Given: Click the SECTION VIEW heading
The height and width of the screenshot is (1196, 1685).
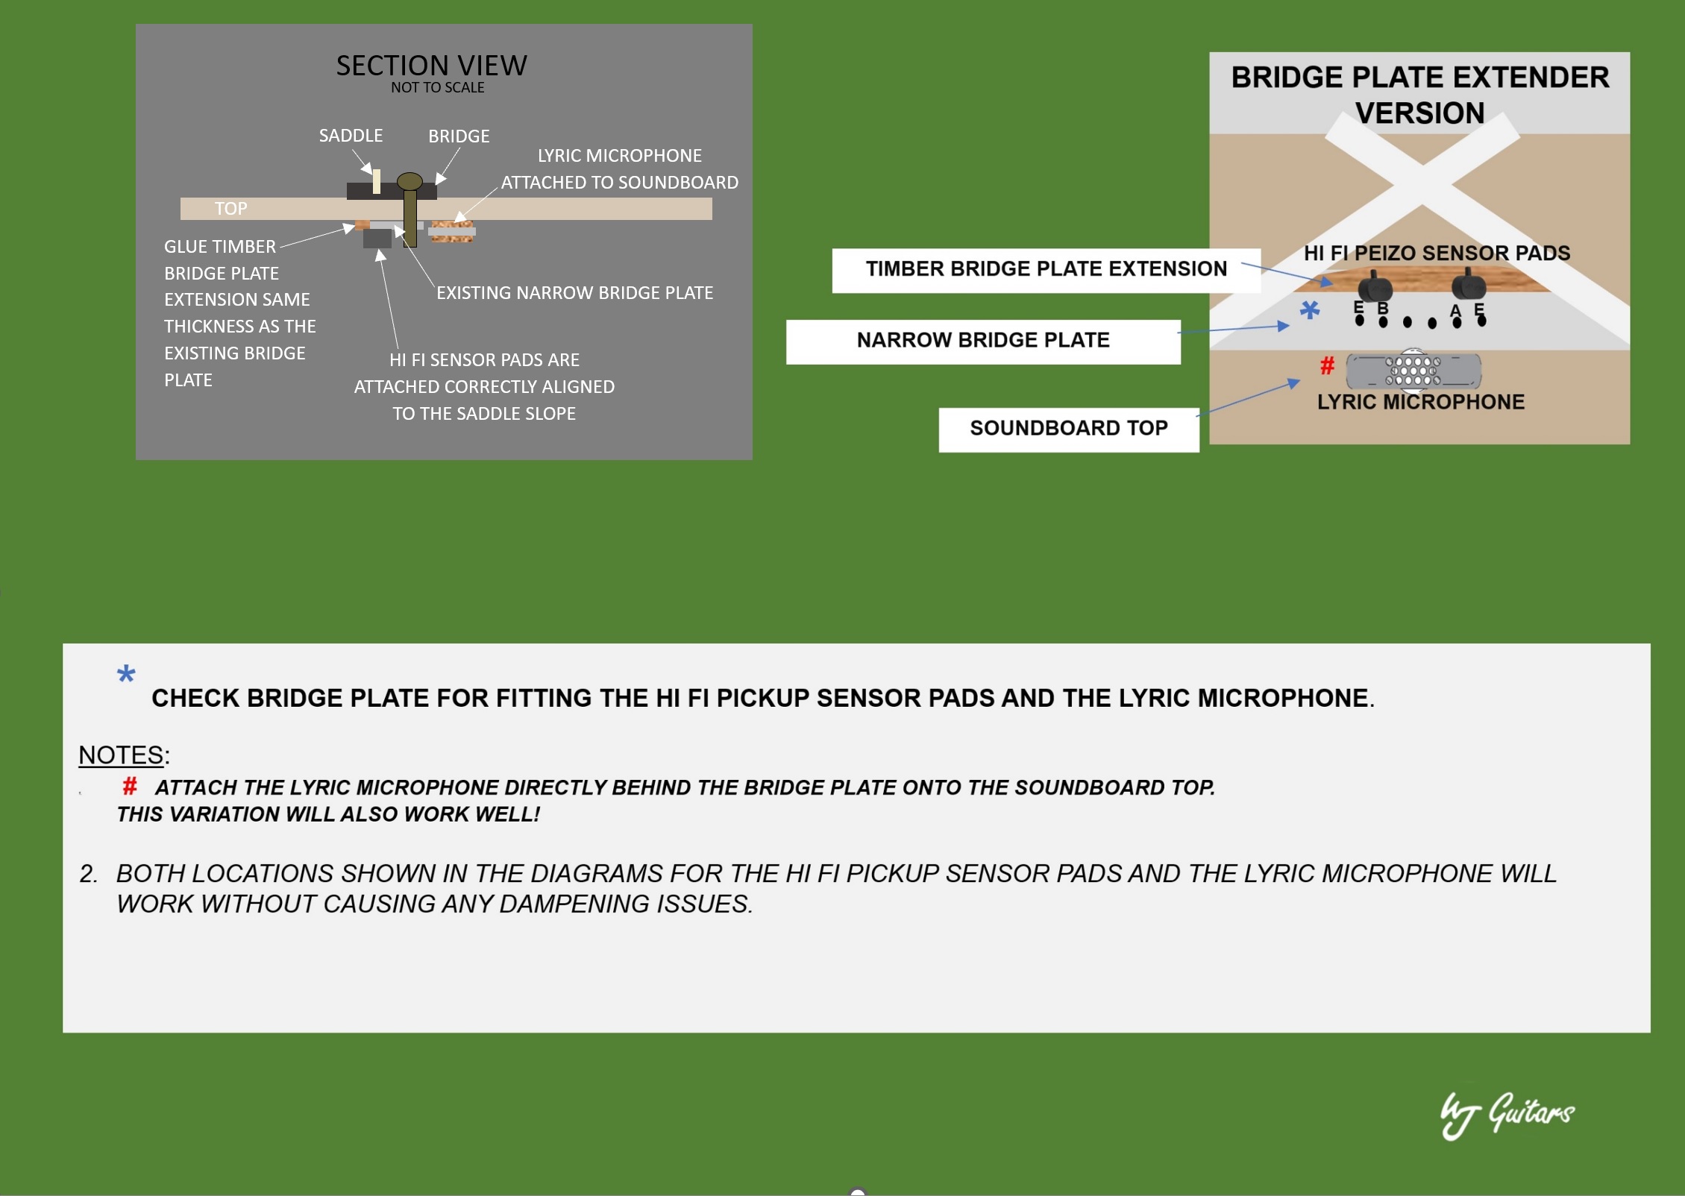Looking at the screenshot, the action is coord(431,66).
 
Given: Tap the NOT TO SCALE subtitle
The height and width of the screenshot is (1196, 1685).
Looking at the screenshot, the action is coord(438,87).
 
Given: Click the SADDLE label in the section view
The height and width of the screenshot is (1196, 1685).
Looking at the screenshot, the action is coord(351,135).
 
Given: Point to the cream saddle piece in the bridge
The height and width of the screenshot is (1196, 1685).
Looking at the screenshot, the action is coord(377,181).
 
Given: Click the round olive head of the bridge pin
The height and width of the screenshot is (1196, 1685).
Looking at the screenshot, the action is coord(410,181).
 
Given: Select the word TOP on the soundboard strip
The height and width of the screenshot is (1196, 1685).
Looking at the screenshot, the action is coord(230,209).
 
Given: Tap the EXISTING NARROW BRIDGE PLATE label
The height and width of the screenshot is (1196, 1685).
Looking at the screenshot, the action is coord(574,292).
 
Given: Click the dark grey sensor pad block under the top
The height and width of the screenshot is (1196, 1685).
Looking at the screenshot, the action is coord(377,238).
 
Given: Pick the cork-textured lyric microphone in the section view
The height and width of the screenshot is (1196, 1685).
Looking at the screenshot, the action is coord(452,231).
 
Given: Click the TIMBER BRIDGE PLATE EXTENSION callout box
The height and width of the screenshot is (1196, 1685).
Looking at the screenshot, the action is coord(1046,270).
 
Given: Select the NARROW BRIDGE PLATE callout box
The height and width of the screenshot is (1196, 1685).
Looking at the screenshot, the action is coord(983,342).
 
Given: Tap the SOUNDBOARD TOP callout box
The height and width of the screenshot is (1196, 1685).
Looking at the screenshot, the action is coord(1069,429).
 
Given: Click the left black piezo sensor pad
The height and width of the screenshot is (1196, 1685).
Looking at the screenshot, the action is coord(1375,286).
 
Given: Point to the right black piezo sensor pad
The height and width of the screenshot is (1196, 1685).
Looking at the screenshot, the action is coord(1469,284).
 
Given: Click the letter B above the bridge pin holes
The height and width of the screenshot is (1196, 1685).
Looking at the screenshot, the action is coord(1383,308).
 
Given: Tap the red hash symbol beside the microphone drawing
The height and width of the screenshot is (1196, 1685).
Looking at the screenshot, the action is coord(1327,365).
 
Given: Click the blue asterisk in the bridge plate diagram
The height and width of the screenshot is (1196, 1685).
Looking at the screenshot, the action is coord(1310,309).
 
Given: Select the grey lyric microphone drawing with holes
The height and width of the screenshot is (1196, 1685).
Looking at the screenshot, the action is coord(1413,371).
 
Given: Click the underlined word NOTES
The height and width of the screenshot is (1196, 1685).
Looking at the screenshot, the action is coord(121,755).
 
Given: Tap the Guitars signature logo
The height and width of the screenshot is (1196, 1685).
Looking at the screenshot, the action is coord(1507,1114).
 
